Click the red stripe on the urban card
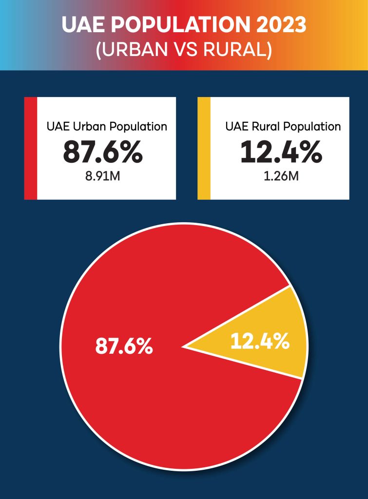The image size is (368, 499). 31,148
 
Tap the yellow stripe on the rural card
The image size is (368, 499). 204,148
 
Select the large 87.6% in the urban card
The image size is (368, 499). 103,153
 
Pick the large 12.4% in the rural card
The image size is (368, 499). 281,153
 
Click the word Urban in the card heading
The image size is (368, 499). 90,127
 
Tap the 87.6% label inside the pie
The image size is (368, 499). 124,346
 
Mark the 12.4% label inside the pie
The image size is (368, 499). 260,342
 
